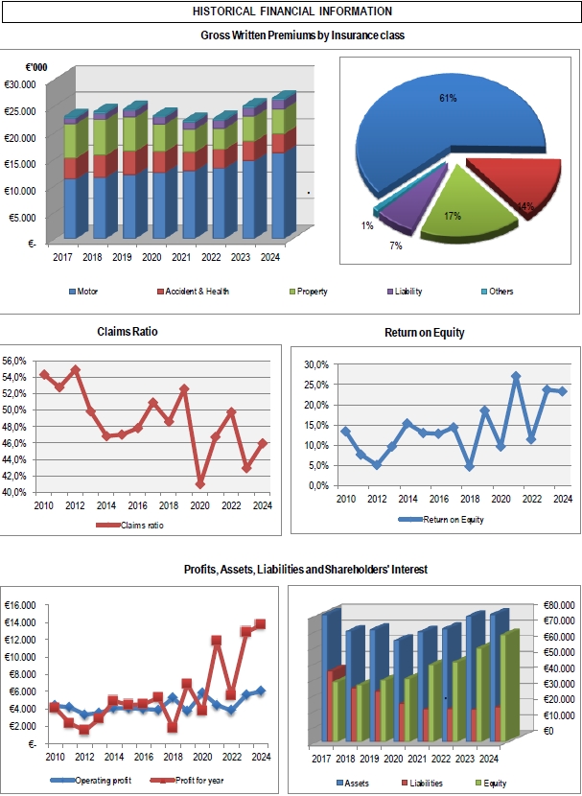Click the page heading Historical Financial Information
(291, 12)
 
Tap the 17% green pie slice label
(453, 216)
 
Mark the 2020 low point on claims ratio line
(199, 483)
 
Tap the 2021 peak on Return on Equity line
(516, 377)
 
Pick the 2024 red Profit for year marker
(260, 624)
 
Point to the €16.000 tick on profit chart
(19, 605)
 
